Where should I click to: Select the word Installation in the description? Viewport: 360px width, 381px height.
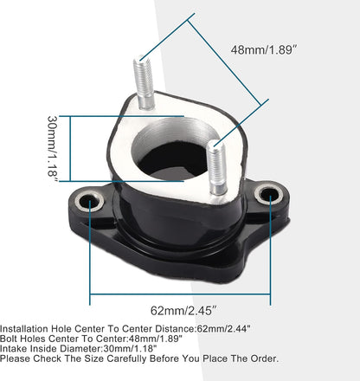pyautogui.click(x=26, y=329)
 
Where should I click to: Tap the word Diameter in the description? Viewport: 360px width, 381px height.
pyautogui.click(x=83, y=351)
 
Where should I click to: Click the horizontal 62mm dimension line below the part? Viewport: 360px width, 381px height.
pyautogui.click(x=130, y=294)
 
